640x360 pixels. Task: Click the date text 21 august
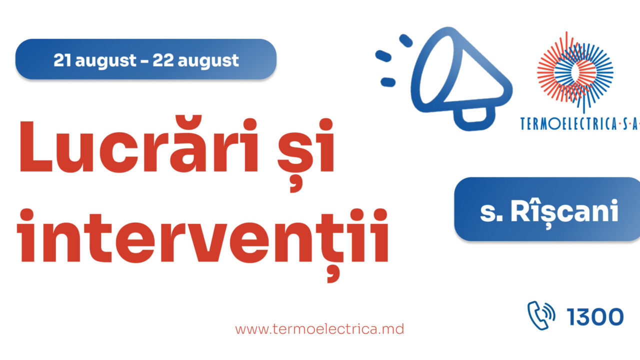(95, 60)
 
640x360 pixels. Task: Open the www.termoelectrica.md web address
(319, 329)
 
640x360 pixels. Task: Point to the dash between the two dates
(144, 61)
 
